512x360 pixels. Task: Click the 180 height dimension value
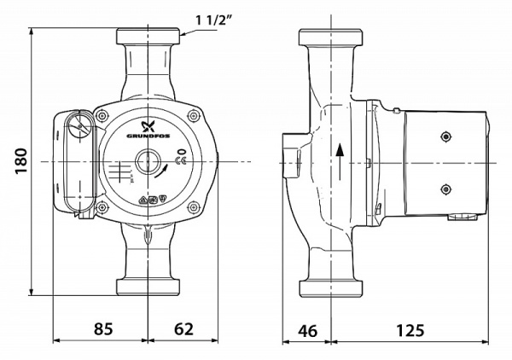click(x=21, y=160)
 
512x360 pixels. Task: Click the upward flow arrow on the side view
click(x=341, y=158)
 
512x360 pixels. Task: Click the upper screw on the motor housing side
click(x=445, y=135)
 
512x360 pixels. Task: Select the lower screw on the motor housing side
click(x=445, y=189)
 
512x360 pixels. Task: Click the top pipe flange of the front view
click(x=149, y=38)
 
